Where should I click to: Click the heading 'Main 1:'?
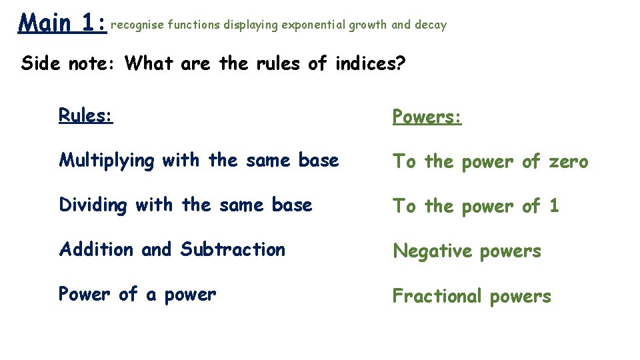(63, 23)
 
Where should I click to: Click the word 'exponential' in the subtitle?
(313, 25)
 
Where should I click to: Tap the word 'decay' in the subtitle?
(431, 25)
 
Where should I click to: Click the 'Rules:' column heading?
(85, 115)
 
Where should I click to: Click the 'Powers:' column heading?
(427, 117)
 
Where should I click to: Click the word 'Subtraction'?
(233, 249)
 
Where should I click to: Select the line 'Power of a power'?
(137, 294)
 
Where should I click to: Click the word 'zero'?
(567, 161)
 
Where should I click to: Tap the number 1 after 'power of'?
(553, 206)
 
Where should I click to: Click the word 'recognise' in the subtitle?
(137, 25)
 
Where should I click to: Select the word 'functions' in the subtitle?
(193, 25)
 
